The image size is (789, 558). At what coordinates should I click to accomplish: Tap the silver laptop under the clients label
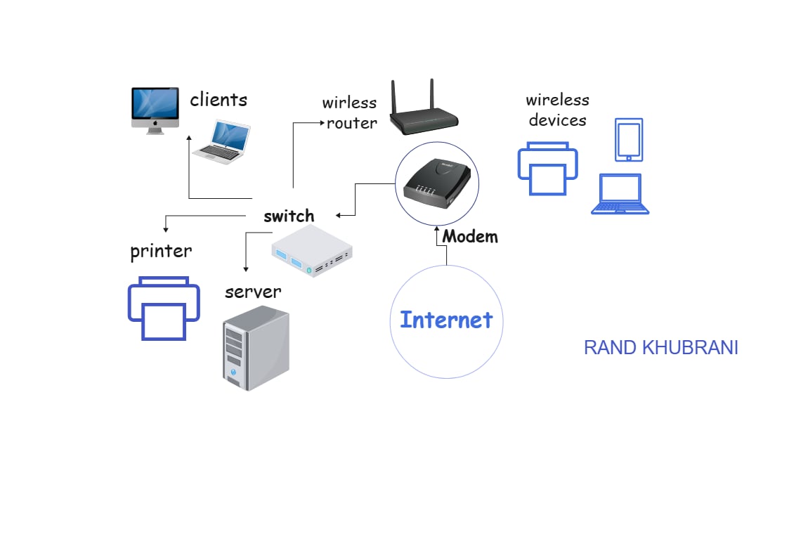[222, 142]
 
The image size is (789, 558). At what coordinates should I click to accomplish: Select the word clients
[219, 100]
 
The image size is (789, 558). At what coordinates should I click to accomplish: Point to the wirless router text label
[350, 112]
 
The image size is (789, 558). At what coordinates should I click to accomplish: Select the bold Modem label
[471, 236]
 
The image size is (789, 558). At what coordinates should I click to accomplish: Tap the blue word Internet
[446, 320]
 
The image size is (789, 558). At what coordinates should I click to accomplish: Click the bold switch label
[289, 216]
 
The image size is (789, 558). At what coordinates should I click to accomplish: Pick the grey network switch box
[312, 251]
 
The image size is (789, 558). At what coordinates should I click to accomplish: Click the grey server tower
[256, 348]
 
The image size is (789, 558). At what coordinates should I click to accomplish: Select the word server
[253, 292]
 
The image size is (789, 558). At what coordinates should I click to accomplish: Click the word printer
[161, 251]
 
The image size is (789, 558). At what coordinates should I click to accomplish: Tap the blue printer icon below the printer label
[164, 309]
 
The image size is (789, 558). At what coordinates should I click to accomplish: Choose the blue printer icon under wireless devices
[547, 169]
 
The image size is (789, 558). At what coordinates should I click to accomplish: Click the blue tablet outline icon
[629, 140]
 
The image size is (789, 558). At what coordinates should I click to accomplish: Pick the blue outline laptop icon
[620, 194]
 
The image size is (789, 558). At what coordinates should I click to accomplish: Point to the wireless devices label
[558, 110]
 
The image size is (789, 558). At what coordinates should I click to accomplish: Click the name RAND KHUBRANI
[660, 348]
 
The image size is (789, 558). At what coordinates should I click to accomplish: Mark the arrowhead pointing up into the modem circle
[437, 229]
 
